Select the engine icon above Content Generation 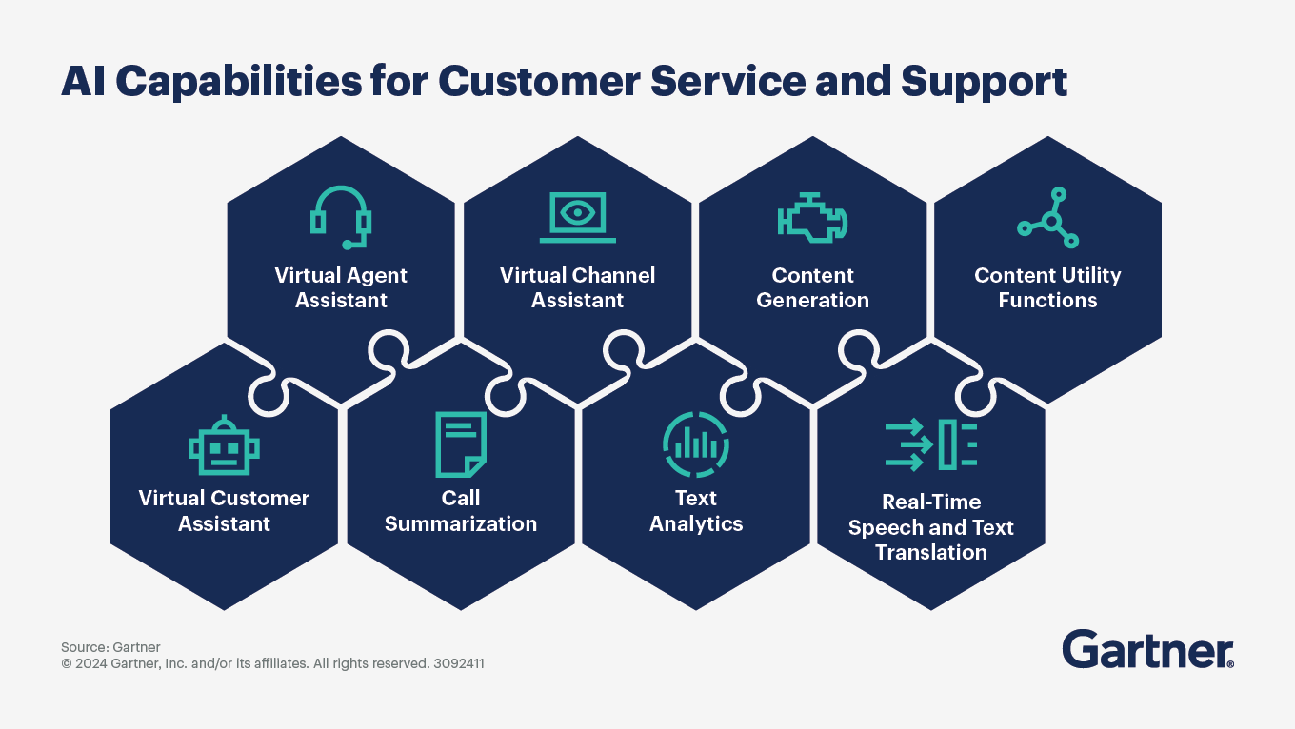click(x=812, y=217)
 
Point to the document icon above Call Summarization click(x=461, y=444)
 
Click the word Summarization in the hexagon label click(x=461, y=524)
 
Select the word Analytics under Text click(x=696, y=524)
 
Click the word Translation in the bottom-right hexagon click(x=930, y=553)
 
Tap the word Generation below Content click(x=812, y=301)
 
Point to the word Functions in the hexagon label click(x=1047, y=301)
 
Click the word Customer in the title click(x=538, y=82)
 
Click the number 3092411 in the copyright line click(x=459, y=663)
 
